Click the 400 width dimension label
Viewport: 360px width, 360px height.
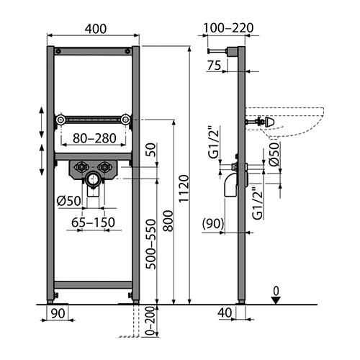[x=96, y=29]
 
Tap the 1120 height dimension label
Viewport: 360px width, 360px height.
[x=184, y=189]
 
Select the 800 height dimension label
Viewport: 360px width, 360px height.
[x=168, y=221]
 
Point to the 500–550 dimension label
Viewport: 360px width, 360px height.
[x=151, y=244]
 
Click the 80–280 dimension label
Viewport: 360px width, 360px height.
[x=94, y=138]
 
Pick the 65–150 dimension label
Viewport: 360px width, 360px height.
[x=93, y=222]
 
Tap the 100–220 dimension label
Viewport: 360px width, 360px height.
[x=228, y=28]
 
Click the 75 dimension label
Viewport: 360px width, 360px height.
[x=214, y=66]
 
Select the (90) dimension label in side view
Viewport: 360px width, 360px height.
[x=213, y=223]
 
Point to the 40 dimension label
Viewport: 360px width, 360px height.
[x=225, y=312]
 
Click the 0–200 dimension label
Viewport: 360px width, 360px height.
[x=150, y=320]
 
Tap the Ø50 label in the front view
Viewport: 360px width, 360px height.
[x=69, y=201]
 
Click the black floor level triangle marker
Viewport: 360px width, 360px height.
[x=276, y=300]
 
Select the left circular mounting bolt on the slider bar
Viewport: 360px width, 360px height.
[x=60, y=120]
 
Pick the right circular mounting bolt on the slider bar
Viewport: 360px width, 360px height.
[x=126, y=120]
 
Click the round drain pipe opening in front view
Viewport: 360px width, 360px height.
[x=93, y=179]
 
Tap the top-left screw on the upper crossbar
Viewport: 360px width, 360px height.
[x=58, y=51]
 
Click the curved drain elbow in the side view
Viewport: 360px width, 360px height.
[x=230, y=185]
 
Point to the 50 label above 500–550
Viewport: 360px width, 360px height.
[x=151, y=150]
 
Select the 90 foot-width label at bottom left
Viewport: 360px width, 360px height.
[x=58, y=313]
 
